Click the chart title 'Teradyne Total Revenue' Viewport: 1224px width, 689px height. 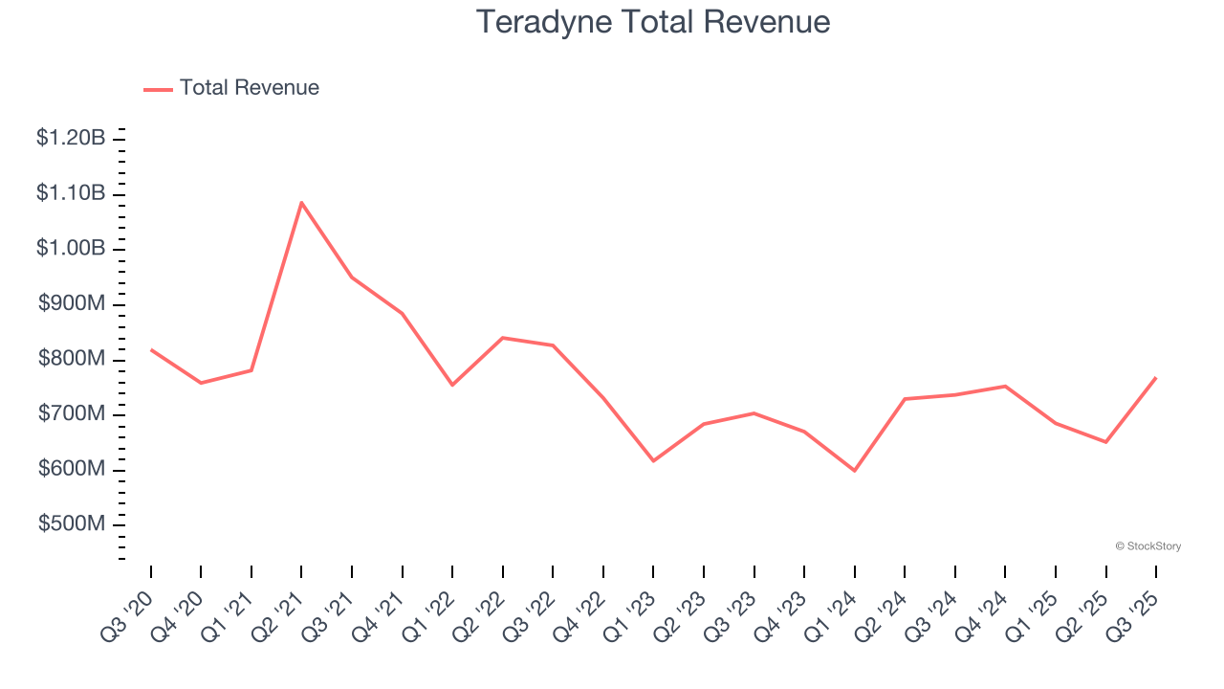653,21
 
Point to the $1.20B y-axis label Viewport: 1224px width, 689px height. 71,138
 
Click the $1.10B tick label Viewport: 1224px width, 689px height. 71,193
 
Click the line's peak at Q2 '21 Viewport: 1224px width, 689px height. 301,202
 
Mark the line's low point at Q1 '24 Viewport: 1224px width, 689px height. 854,471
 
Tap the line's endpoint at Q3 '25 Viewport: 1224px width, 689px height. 1156,377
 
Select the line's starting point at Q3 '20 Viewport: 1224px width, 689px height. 151,349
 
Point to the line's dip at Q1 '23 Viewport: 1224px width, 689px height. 653,461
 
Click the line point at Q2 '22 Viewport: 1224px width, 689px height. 503,338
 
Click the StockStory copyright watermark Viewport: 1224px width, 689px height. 1148,546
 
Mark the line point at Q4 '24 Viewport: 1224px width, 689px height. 1005,386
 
